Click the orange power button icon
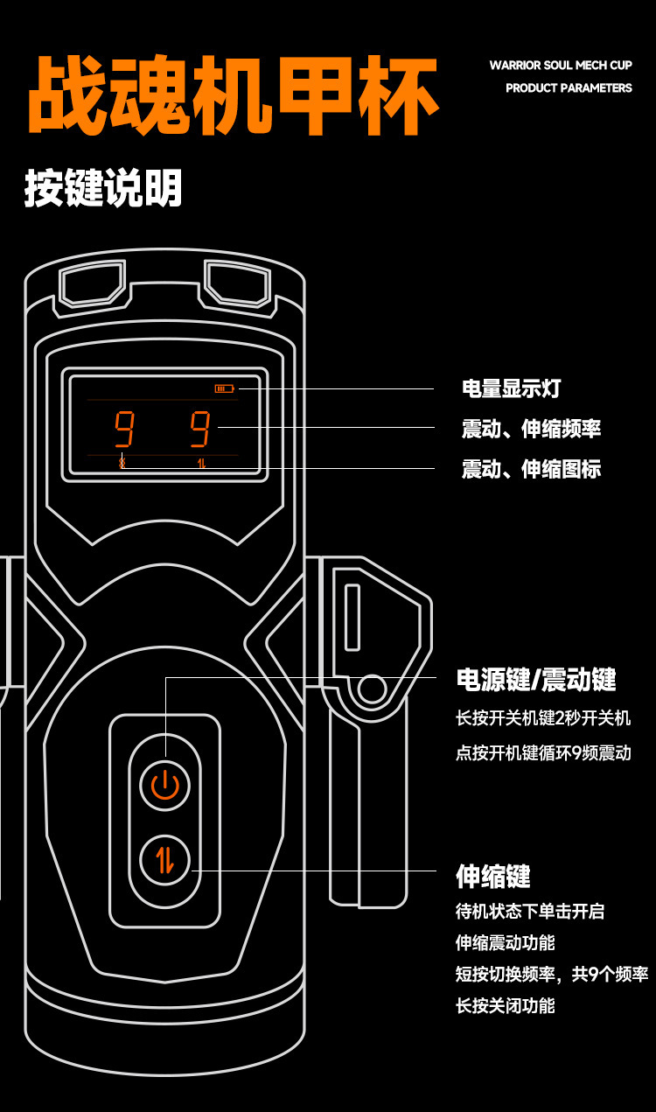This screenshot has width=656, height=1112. click(165, 786)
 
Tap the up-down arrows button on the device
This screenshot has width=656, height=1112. click(165, 860)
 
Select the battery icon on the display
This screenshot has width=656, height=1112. click(224, 388)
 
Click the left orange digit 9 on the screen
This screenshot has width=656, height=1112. click(124, 429)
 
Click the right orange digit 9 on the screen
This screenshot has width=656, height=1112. click(200, 429)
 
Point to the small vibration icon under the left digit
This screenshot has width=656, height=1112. click(122, 463)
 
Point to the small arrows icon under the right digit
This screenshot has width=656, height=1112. click(201, 463)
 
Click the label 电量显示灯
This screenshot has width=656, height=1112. click(511, 388)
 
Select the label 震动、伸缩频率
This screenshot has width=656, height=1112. click(531, 429)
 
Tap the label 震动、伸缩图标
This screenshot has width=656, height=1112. click(531, 469)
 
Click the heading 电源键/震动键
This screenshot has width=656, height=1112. click(536, 680)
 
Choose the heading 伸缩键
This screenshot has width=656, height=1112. click(493, 876)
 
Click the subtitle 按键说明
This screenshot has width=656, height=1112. click(103, 187)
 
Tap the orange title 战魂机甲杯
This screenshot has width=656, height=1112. click(234, 95)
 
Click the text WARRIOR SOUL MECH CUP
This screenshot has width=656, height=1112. click(561, 65)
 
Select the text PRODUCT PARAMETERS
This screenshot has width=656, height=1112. click(569, 87)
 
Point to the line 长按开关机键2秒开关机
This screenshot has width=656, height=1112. click(543, 718)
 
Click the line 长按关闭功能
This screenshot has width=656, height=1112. click(506, 1006)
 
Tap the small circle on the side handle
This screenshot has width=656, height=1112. click(372, 689)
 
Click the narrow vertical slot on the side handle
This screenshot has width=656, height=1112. click(352, 617)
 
